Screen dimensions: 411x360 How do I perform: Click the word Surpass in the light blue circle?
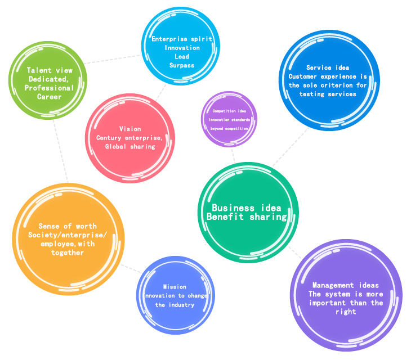point(182,65)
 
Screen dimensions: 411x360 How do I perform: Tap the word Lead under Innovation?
point(182,56)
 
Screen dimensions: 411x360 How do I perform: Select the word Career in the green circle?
point(50,97)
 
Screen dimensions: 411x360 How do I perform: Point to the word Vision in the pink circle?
point(130,129)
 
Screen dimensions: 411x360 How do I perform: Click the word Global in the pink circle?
point(115,146)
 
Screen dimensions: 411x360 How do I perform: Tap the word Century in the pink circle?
point(109,138)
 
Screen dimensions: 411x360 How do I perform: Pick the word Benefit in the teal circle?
point(225,217)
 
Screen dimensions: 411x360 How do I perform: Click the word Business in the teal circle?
point(233,208)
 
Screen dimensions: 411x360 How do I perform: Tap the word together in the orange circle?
point(68,253)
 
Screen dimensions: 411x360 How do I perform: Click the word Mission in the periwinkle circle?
point(175,287)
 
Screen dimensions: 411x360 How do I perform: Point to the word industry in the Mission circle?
point(181,305)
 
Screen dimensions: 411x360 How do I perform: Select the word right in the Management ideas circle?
point(346,312)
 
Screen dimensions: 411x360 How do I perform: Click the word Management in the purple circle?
point(333,285)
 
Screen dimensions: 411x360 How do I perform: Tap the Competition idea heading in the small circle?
point(229,111)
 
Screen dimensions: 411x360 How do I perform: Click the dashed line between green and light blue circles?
point(112,59)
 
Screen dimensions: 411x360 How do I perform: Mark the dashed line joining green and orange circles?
point(61,151)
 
